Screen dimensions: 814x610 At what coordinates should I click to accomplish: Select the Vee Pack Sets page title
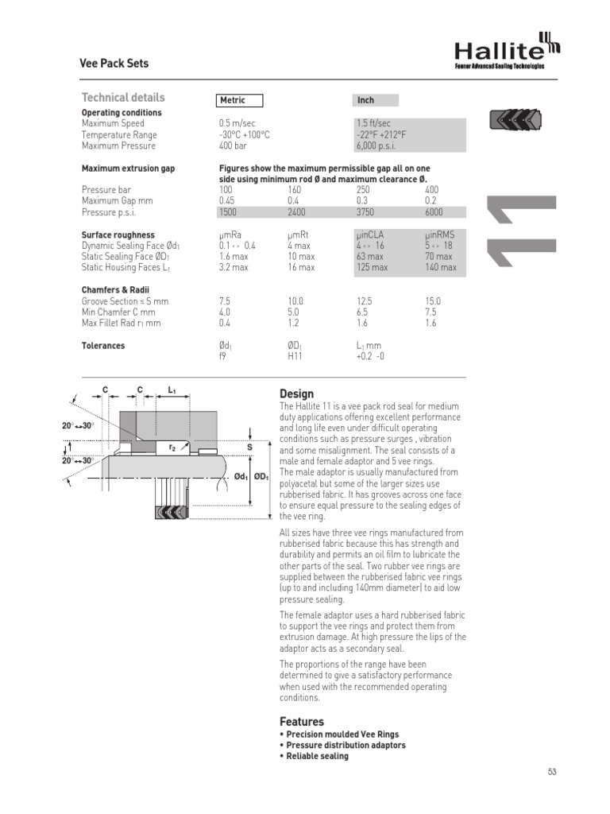pyautogui.click(x=115, y=64)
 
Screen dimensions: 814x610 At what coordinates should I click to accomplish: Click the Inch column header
pyautogui.click(x=366, y=100)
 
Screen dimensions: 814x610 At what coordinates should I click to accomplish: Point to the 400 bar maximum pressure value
pyautogui.click(x=233, y=146)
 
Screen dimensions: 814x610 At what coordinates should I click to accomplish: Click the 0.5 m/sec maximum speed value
pyautogui.click(x=237, y=124)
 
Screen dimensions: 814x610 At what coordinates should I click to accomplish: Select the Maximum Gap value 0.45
pyautogui.click(x=229, y=202)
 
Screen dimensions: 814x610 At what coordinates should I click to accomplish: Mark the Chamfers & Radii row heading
pyautogui.click(x=115, y=290)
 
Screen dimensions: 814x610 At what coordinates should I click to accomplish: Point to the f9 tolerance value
pyautogui.click(x=223, y=358)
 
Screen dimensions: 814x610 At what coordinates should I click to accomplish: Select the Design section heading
pyautogui.click(x=296, y=394)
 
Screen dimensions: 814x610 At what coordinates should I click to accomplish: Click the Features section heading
pyautogui.click(x=302, y=722)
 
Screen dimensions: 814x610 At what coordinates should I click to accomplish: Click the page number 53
pyautogui.click(x=554, y=772)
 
